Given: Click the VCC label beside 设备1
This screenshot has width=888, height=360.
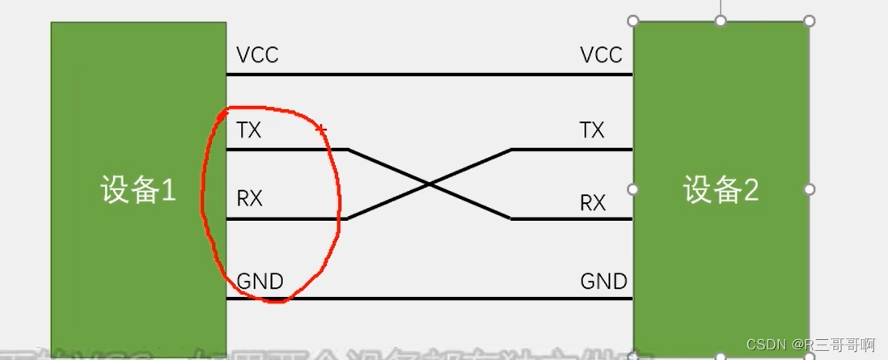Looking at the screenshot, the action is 257,56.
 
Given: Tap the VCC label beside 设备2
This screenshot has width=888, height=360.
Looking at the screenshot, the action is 601,56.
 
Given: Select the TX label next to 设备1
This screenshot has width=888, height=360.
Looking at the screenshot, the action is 249,129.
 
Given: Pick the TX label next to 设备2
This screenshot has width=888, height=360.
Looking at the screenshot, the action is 592,129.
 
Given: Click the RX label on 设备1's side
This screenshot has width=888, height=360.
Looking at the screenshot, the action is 249,199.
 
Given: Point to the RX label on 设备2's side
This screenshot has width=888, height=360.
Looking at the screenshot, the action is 593,202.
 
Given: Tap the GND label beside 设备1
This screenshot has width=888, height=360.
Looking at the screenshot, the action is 260,282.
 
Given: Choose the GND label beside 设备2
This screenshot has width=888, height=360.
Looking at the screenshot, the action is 603,282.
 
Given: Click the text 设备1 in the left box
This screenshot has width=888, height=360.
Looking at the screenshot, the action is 138,190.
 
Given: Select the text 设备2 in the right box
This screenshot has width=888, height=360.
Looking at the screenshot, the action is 721,190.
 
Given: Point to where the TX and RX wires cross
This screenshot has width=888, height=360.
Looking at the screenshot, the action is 429,184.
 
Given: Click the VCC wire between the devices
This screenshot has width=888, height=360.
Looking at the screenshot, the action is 429,74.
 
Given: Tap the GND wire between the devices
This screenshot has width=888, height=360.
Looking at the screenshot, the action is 429,299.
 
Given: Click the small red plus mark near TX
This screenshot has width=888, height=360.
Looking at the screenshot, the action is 321,129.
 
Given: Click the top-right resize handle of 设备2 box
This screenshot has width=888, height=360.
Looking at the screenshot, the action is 809,21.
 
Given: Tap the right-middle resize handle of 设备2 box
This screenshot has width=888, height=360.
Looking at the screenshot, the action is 810,189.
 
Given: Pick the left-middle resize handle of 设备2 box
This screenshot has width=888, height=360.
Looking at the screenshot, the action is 633,189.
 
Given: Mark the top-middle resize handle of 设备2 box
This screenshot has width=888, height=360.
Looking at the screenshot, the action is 721,21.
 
